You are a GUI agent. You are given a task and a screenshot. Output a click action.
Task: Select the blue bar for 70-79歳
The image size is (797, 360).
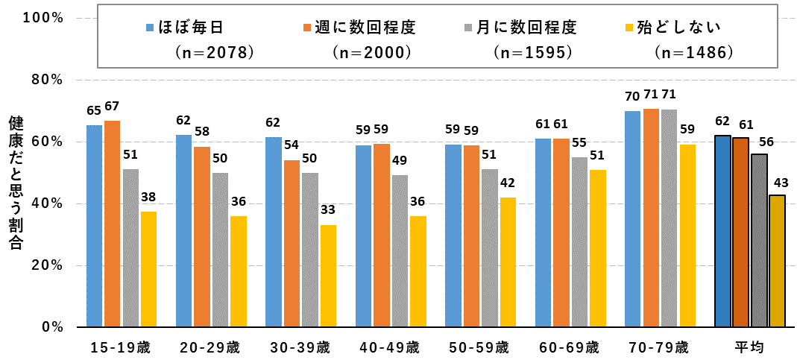[x=632, y=219]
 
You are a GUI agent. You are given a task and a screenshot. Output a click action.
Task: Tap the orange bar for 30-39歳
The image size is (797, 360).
[x=292, y=244]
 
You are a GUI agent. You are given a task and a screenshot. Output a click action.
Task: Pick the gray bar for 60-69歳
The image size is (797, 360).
[x=579, y=242]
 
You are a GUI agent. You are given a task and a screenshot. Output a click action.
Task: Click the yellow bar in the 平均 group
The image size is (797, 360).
[x=777, y=261]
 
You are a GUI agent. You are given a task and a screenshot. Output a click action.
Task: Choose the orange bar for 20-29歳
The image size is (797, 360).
[x=202, y=237]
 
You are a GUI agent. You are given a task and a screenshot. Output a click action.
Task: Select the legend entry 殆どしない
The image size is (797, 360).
[x=679, y=28]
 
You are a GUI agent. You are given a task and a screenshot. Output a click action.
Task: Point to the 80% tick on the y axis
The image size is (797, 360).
[x=46, y=80]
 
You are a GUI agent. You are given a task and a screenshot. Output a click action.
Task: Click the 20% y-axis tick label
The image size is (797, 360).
[x=46, y=265]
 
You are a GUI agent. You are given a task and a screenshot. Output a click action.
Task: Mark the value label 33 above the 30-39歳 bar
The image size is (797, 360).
[x=327, y=210]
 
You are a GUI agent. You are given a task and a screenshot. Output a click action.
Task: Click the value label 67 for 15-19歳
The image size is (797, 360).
[x=113, y=106]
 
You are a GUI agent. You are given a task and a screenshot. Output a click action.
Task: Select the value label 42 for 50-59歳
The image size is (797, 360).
[x=507, y=183]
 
